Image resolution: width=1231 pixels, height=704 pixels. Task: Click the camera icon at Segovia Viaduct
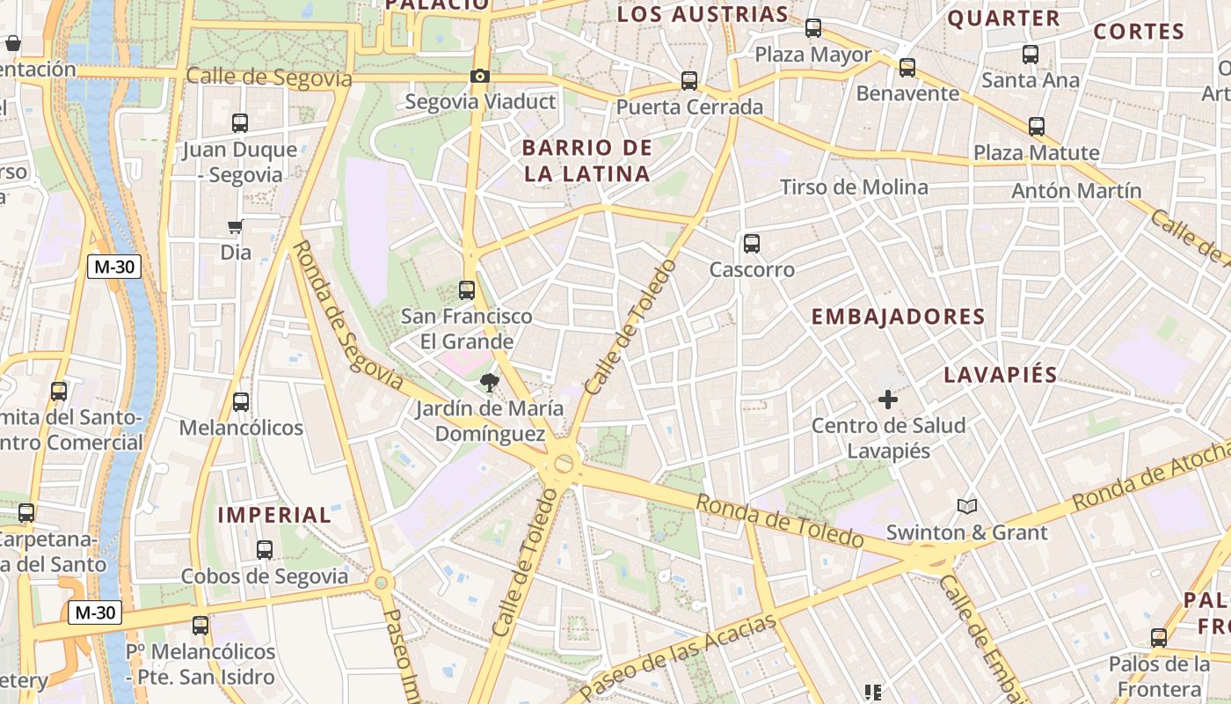(479, 77)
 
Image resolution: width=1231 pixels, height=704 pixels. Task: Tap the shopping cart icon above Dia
(235, 227)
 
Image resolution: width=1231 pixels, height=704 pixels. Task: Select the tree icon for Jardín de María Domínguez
(489, 383)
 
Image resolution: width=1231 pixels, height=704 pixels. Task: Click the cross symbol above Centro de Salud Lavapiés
(888, 400)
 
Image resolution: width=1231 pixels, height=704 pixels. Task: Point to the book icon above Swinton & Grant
(967, 506)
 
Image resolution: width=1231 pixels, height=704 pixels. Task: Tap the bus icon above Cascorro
(751, 244)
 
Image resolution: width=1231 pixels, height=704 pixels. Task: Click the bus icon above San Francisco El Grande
(467, 290)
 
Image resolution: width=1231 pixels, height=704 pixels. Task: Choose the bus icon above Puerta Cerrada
(689, 81)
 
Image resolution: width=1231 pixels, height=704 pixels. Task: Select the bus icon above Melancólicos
(241, 402)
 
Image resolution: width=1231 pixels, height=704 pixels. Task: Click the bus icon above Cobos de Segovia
(265, 550)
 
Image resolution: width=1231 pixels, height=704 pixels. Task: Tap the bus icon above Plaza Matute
(1037, 127)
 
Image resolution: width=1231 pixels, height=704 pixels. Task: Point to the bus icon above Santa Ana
(1031, 55)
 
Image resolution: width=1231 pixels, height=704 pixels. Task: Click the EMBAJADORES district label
(898, 317)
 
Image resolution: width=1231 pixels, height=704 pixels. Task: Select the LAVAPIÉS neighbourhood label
(1001, 375)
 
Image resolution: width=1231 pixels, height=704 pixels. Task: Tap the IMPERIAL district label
(274, 516)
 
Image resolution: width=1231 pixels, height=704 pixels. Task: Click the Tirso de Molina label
(854, 187)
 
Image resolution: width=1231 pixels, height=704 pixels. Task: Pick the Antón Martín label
(1076, 191)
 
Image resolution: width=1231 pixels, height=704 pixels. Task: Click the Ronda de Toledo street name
(780, 520)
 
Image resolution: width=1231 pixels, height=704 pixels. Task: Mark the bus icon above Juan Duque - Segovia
(240, 123)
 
